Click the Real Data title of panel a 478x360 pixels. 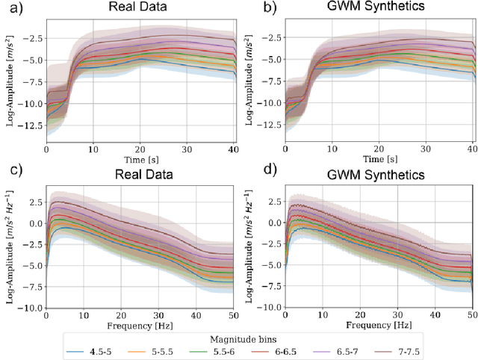click(x=140, y=8)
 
